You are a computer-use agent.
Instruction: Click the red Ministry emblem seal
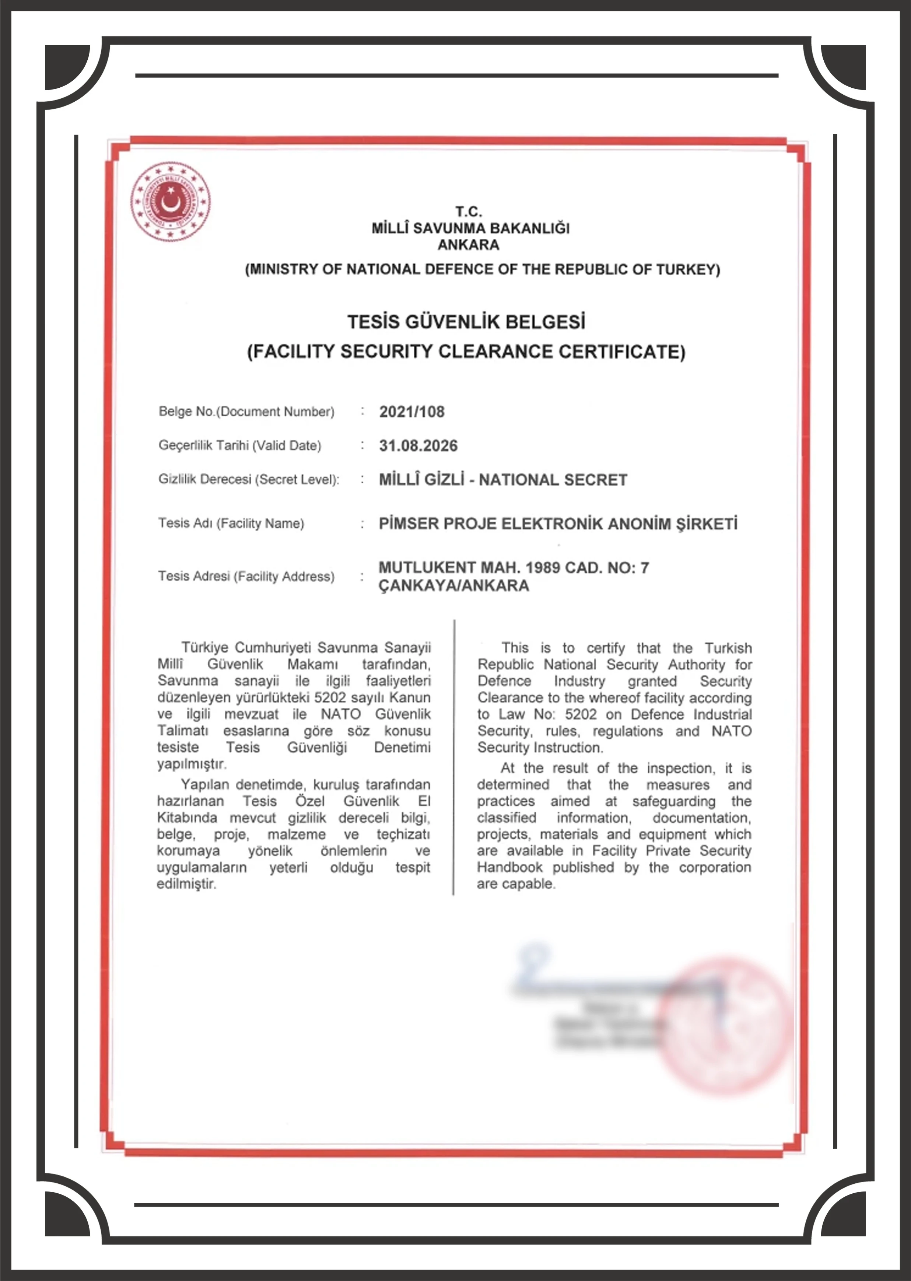coord(171,202)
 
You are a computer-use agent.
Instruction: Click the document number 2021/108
coord(412,412)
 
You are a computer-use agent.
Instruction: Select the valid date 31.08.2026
coord(418,446)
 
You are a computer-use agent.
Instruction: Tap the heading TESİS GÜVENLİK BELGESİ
coord(466,322)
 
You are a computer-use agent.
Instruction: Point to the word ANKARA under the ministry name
coord(469,245)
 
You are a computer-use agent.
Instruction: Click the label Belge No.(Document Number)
coord(246,412)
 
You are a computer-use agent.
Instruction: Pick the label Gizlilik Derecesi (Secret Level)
coord(249,480)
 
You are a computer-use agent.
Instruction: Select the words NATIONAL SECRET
coord(553,480)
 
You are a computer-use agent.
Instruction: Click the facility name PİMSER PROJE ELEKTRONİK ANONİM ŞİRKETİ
coord(558,524)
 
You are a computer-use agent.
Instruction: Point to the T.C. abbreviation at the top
coord(469,212)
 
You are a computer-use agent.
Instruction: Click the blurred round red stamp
coord(723,1026)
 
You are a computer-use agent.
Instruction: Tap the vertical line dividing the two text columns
coord(454,757)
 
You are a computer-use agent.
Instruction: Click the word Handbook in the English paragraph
coord(509,867)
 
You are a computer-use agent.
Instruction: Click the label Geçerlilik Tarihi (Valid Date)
coord(239,446)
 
